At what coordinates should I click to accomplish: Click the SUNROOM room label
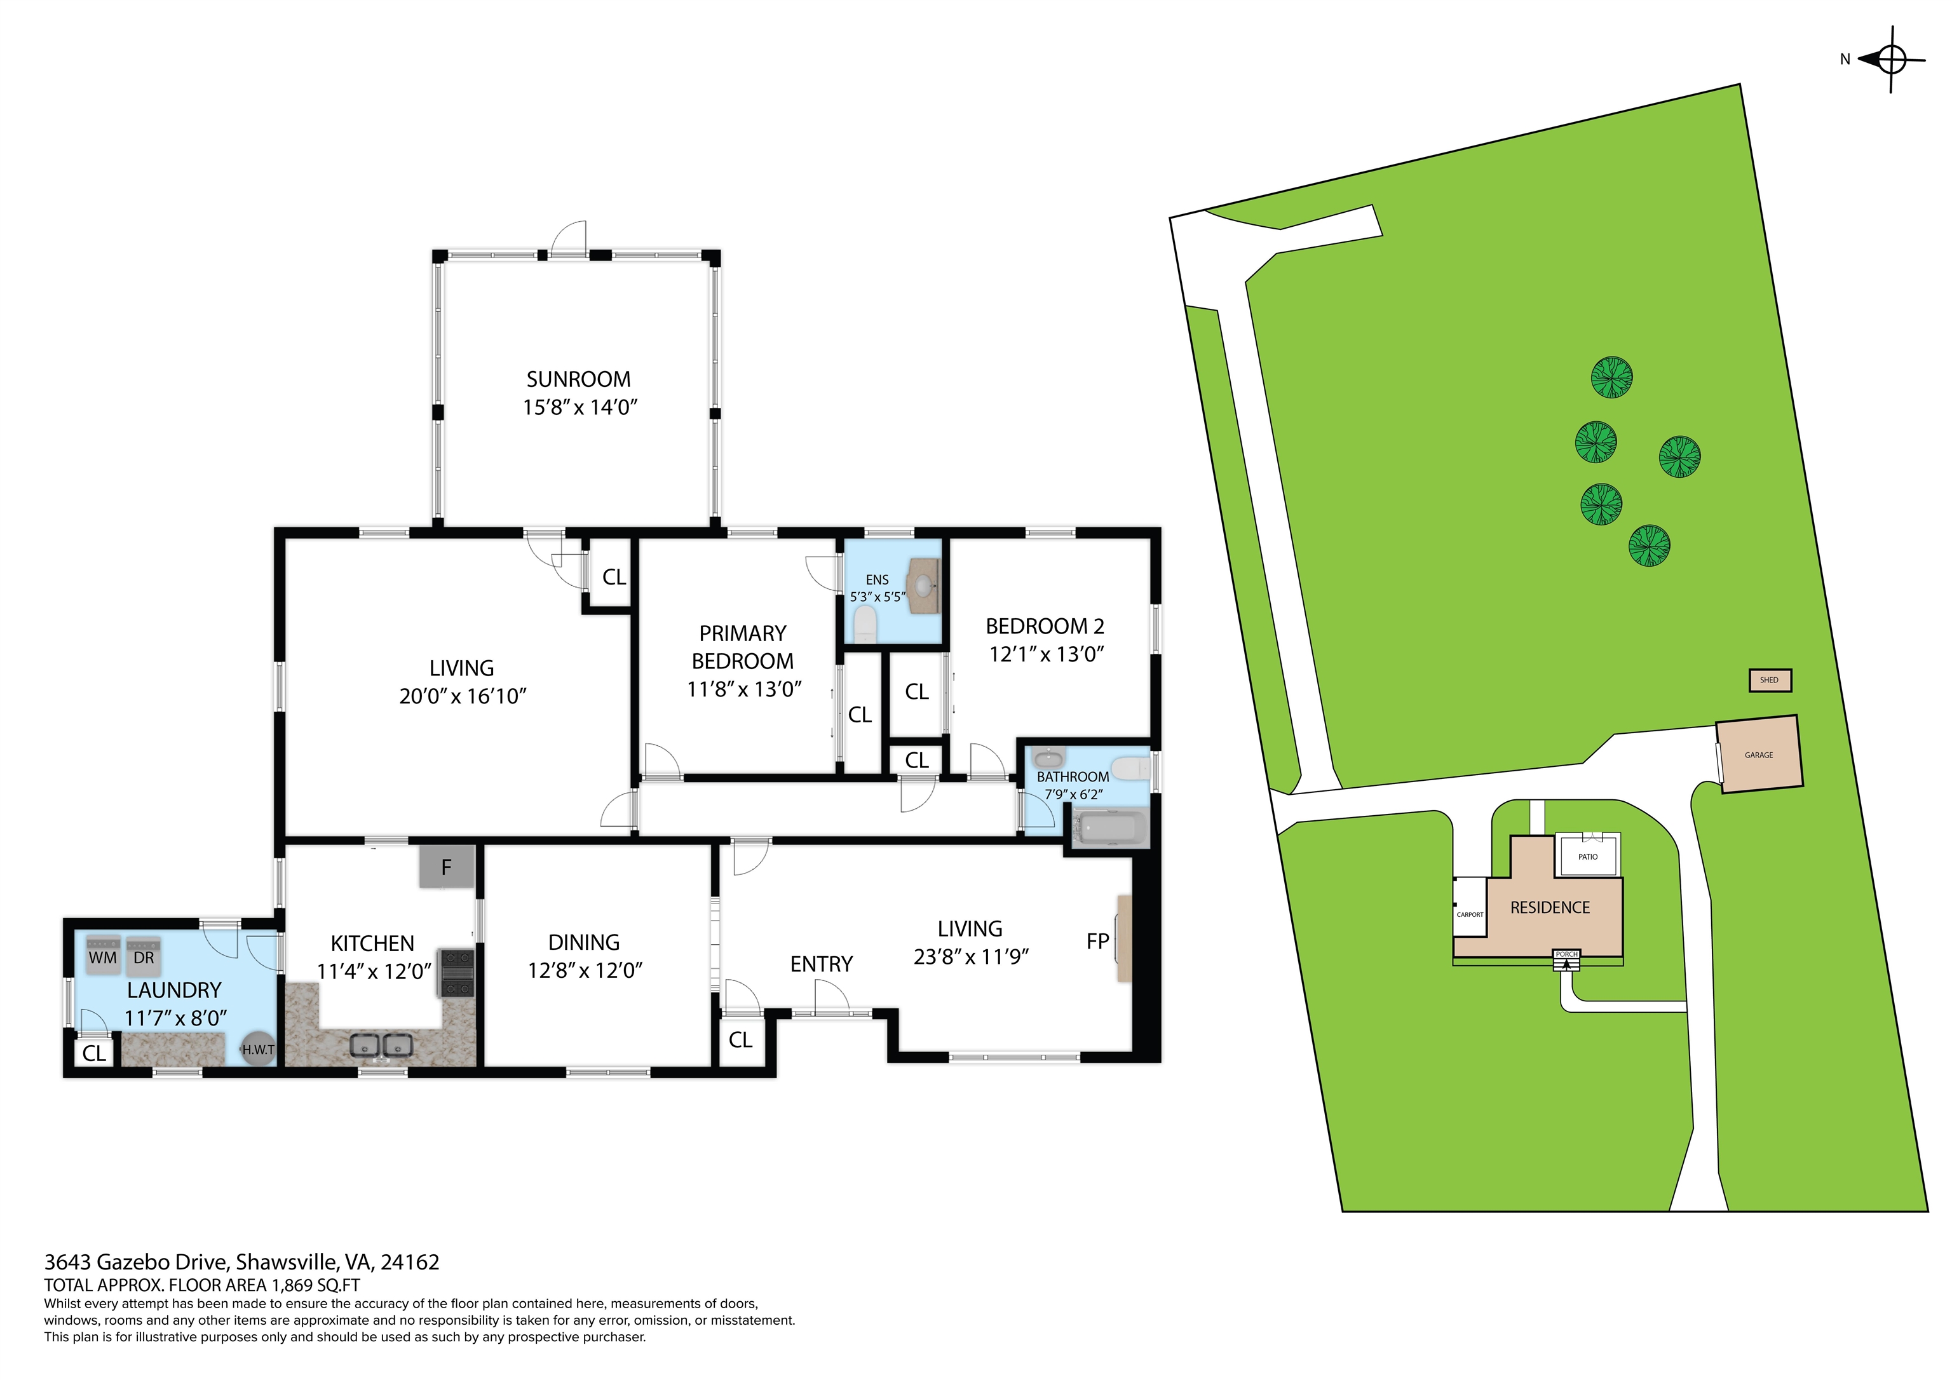click(578, 379)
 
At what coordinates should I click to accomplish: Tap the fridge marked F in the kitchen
click(446, 867)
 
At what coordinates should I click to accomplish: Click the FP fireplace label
click(1097, 941)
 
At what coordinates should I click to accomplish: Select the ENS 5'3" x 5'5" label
click(878, 588)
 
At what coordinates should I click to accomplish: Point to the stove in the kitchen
click(456, 973)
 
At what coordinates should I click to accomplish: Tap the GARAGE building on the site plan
click(1758, 755)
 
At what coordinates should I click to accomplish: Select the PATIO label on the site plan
click(1587, 856)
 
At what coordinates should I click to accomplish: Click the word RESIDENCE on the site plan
click(1549, 907)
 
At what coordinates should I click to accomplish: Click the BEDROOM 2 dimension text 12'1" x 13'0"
click(1046, 654)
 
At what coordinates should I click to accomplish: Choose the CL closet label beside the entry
click(740, 1039)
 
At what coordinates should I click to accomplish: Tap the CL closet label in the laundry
click(95, 1053)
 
